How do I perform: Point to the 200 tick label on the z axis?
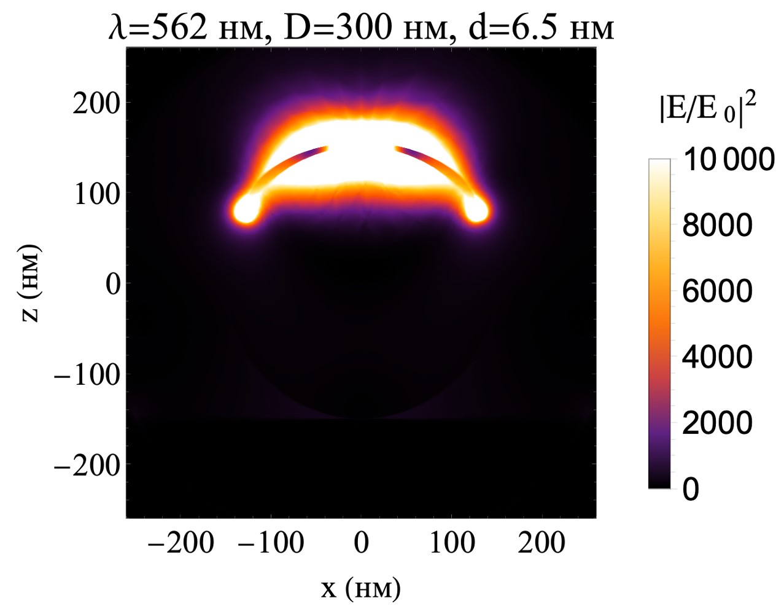pyautogui.click(x=96, y=103)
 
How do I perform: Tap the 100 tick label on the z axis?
pyautogui.click(x=96, y=194)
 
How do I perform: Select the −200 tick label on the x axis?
pyautogui.click(x=182, y=543)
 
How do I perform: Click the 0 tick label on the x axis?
pyautogui.click(x=361, y=543)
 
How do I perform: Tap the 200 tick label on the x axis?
pyautogui.click(x=541, y=543)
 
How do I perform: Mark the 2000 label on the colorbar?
pyautogui.click(x=717, y=423)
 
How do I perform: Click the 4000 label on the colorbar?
pyautogui.click(x=717, y=357)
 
